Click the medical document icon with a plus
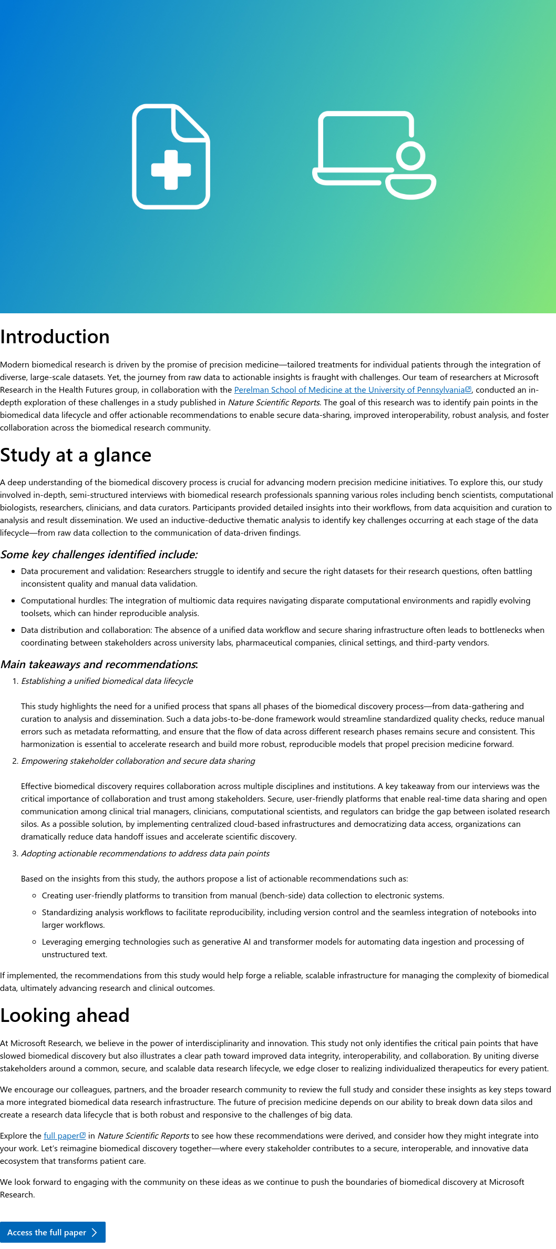coord(171,157)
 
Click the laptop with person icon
coord(374,155)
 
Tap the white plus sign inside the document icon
coord(171,169)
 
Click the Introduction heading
coord(55,337)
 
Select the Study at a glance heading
coord(76,455)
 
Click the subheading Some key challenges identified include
coord(99,555)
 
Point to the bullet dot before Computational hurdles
coord(13,601)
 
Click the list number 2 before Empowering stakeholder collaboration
coord(15,761)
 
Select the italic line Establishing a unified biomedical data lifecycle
coord(107,681)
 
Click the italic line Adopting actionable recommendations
coord(145,854)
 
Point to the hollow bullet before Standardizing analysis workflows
coord(34,913)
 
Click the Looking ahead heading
coord(65,1016)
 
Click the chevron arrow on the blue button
coord(95,1233)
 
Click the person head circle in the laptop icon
coord(410,156)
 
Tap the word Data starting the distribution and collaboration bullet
coord(29,630)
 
